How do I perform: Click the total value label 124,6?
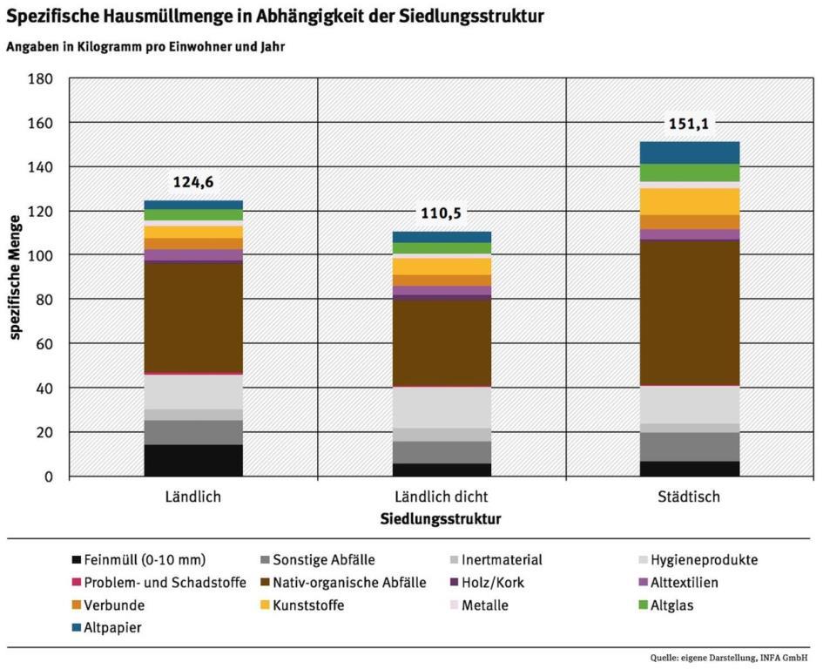click(x=193, y=183)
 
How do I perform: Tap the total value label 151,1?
click(x=690, y=125)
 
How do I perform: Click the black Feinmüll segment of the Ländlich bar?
click(x=193, y=460)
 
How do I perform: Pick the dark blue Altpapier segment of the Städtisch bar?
click(x=690, y=152)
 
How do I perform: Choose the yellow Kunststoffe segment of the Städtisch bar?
click(x=690, y=201)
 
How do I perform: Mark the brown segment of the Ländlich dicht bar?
click(x=442, y=342)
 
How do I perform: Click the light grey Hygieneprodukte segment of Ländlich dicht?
click(x=442, y=407)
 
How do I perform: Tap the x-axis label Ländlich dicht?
click(x=442, y=497)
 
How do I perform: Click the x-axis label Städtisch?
click(x=690, y=497)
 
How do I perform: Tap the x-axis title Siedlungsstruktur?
click(x=442, y=519)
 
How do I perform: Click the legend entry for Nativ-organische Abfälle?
click(x=348, y=583)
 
